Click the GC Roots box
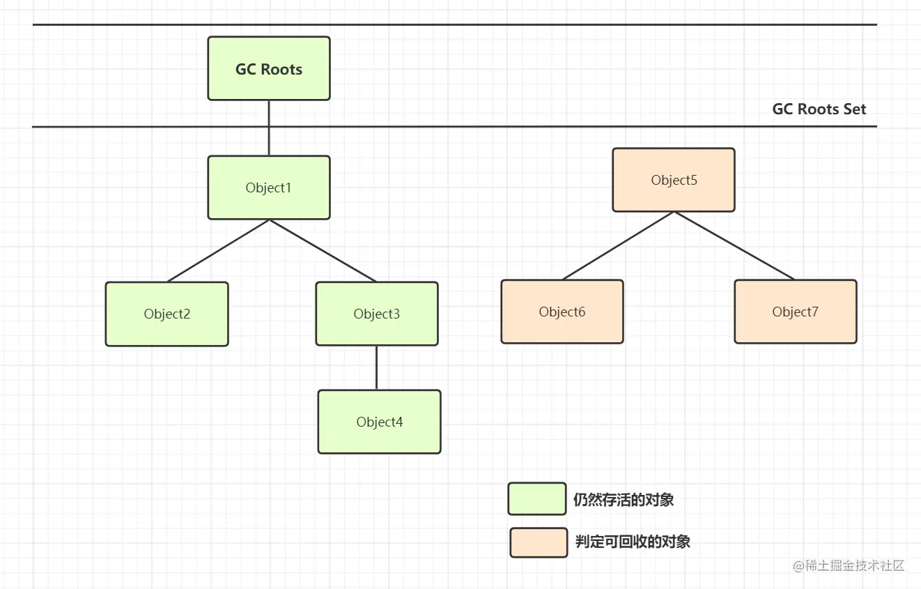[x=269, y=68]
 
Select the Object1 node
[x=269, y=188]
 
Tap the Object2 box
[x=167, y=314]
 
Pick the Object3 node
[x=377, y=314]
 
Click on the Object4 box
[x=379, y=422]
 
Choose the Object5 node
[x=674, y=180]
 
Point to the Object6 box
[x=562, y=312]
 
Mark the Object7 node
[x=795, y=312]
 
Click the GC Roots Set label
[x=819, y=109]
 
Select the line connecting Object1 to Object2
[x=218, y=251]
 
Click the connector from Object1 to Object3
[x=323, y=251]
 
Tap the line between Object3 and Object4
[x=377, y=368]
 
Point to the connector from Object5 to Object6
[x=618, y=246]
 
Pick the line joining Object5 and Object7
[x=734, y=246]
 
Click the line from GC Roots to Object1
[x=269, y=128]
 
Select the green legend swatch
[x=537, y=499]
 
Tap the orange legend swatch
[x=539, y=542]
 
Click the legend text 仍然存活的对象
[x=624, y=500]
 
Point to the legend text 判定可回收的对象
[x=633, y=542]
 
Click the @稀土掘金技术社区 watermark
[x=849, y=566]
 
